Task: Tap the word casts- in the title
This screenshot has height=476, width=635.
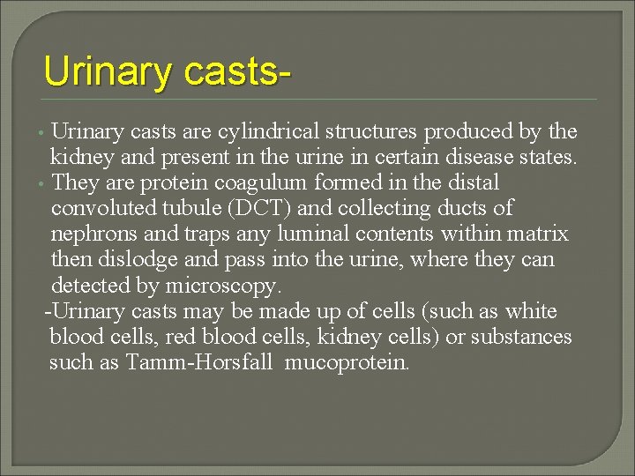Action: [x=237, y=71]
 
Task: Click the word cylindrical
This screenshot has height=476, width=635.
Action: [x=264, y=132]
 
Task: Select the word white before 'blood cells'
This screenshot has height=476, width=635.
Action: [x=530, y=311]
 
